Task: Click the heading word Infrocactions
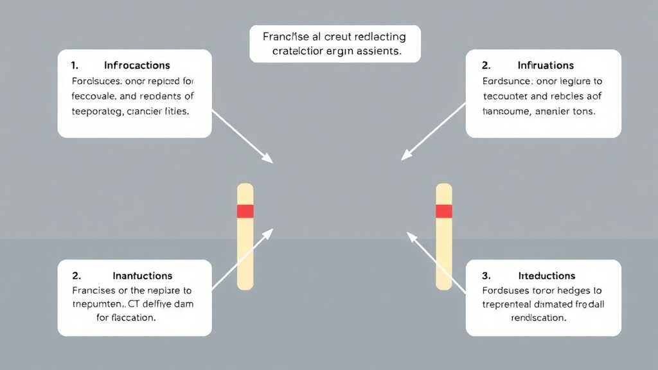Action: tap(137, 66)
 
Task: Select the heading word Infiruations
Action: tap(546, 66)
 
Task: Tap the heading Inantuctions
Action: tap(142, 276)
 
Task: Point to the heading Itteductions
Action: tap(546, 276)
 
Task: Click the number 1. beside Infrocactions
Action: tap(75, 66)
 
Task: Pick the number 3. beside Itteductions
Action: tap(486, 276)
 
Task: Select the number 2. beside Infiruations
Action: tap(486, 66)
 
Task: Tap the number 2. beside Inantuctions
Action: tap(76, 276)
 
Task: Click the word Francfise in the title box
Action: tap(286, 37)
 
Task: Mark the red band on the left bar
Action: tap(245, 211)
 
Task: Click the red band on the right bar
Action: tap(444, 211)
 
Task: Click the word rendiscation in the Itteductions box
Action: tap(538, 318)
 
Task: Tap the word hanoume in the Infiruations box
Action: tap(505, 110)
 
